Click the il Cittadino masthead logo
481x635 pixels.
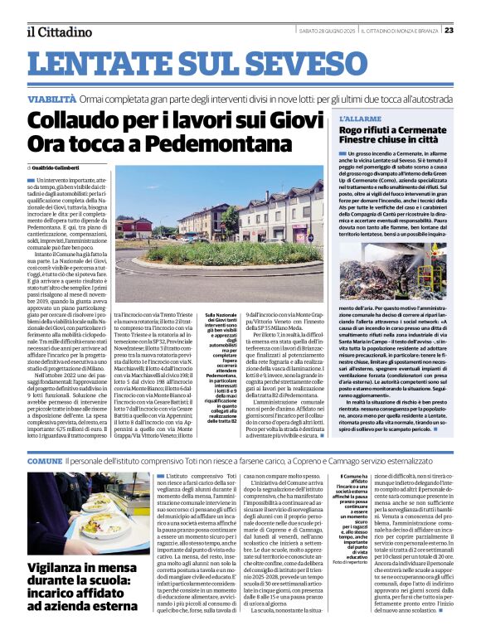coord(58,32)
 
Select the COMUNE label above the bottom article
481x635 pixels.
coord(44,459)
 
